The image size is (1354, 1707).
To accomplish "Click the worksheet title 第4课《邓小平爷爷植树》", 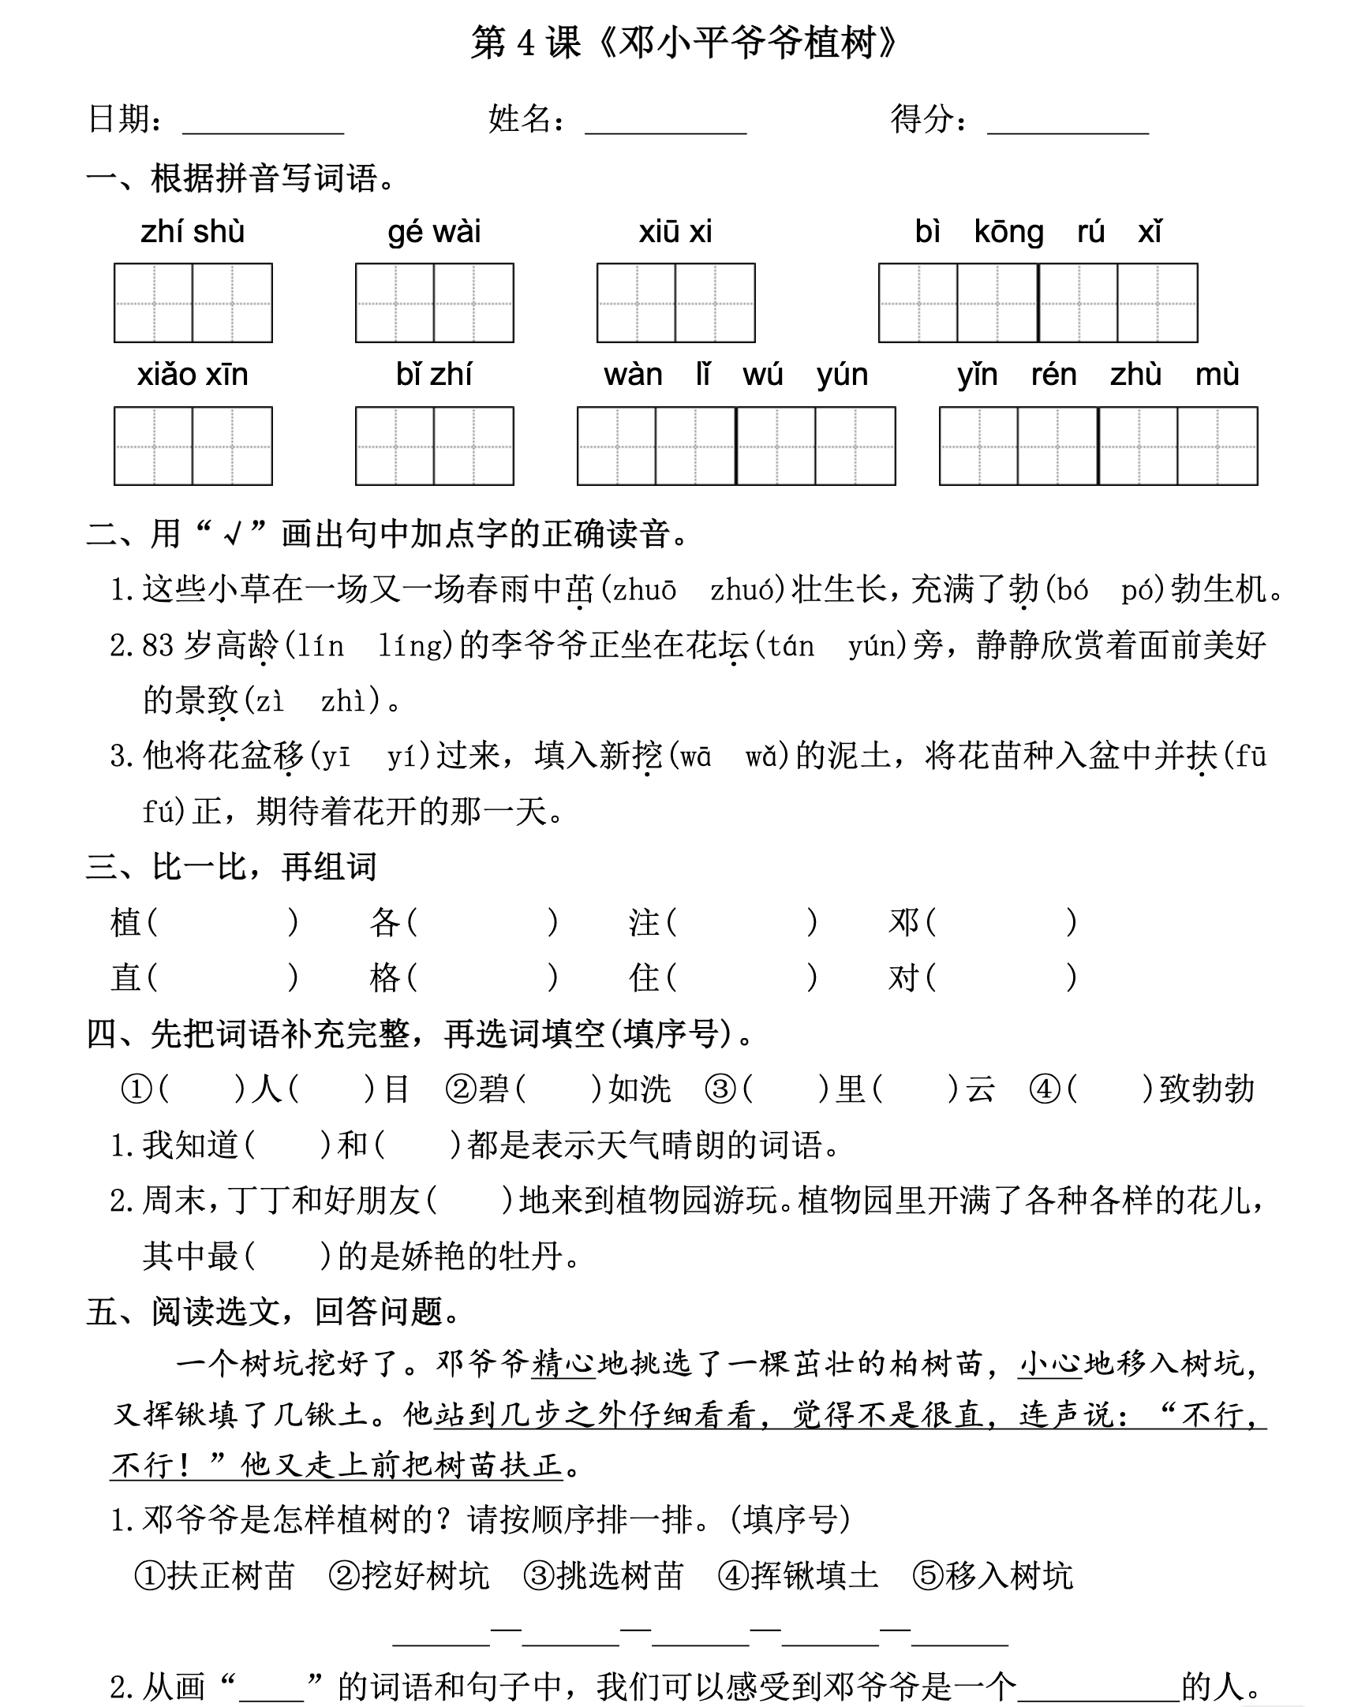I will pyautogui.click(x=684, y=43).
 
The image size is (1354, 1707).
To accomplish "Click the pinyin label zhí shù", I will pyautogui.click(x=193, y=232).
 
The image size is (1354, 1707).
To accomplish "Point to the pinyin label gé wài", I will pyautogui.click(x=434, y=232).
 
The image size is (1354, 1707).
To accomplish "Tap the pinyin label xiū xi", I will pyautogui.click(x=675, y=232).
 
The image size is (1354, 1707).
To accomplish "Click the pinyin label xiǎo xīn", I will pyautogui.click(x=193, y=375).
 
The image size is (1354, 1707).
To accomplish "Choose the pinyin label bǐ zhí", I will pyautogui.click(x=434, y=375).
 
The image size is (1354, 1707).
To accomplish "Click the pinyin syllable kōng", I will pyautogui.click(x=1008, y=232).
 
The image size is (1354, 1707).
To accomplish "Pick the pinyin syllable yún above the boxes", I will pyautogui.click(x=843, y=375).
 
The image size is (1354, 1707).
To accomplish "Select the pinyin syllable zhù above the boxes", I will pyautogui.click(x=1135, y=375).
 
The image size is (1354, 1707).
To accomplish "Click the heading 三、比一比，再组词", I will pyautogui.click(x=231, y=867).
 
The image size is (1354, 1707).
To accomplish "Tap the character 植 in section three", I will pyautogui.click(x=125, y=923).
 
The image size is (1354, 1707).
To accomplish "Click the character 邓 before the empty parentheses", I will pyautogui.click(x=903, y=923).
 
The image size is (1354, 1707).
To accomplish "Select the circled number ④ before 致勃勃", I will pyautogui.click(x=1045, y=1090).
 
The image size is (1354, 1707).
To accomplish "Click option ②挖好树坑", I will pyautogui.click(x=409, y=1576).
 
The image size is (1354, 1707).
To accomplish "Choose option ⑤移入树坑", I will pyautogui.click(x=992, y=1576).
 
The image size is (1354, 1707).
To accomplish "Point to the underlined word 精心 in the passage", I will pyautogui.click(x=563, y=1363).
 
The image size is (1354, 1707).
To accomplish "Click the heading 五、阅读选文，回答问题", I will pyautogui.click(x=274, y=1312).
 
